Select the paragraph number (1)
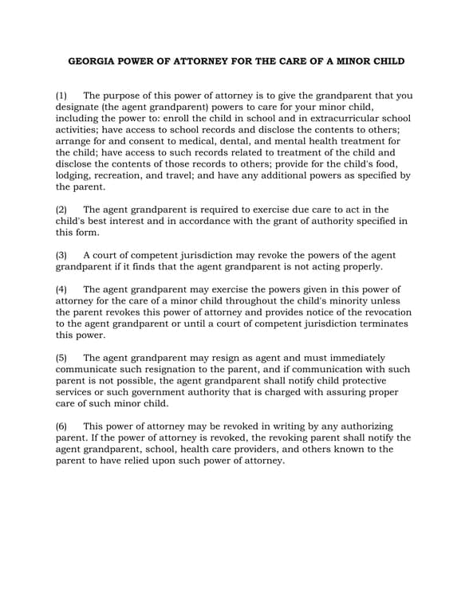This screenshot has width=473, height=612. (62, 96)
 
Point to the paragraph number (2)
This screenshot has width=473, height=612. (62, 210)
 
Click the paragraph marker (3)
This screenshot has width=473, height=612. (62, 255)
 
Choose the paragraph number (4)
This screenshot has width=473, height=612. (62, 289)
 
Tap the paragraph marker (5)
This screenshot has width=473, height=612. (62, 358)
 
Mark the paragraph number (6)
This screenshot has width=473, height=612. (62, 426)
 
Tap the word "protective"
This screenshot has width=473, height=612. (380, 381)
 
